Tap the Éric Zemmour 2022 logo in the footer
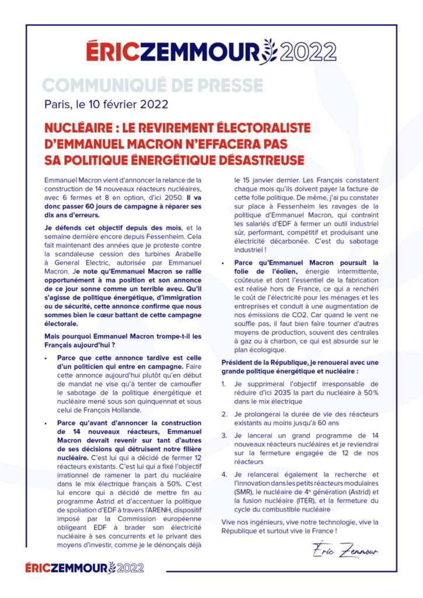85,567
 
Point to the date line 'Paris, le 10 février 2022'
107,105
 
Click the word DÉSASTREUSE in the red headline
253,159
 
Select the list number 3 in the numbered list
225,435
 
